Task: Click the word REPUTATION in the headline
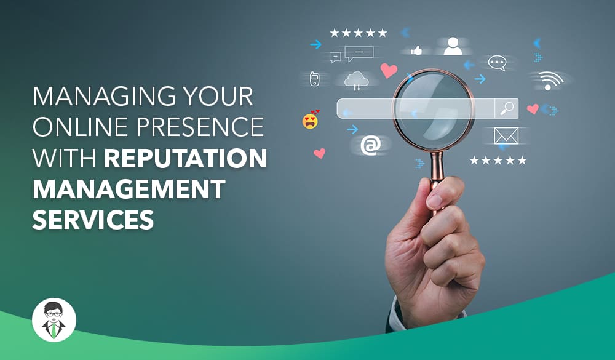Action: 186,158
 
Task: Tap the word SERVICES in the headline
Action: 93,219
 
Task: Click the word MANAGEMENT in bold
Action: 129,189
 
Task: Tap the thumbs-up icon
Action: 416,50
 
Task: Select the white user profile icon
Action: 453,46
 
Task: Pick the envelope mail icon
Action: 506,135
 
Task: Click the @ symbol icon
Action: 371,145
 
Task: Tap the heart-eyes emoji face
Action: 310,121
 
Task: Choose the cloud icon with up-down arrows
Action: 356,80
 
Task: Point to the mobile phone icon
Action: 314,79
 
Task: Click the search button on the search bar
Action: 507,108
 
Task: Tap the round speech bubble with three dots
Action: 497,63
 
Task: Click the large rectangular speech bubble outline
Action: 359,53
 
